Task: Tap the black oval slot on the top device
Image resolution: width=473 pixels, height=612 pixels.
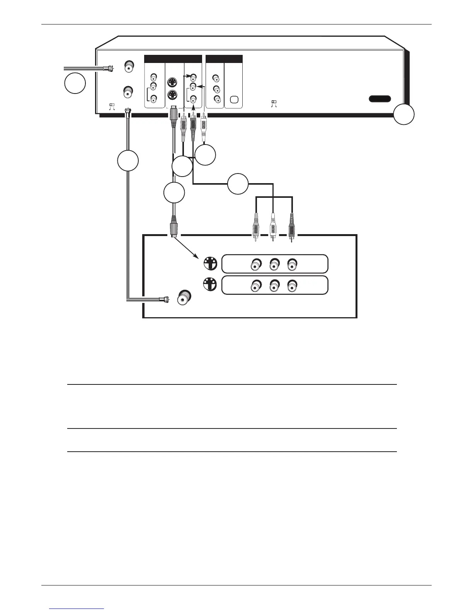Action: [x=379, y=99]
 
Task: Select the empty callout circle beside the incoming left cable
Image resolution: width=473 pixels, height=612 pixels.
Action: [x=75, y=83]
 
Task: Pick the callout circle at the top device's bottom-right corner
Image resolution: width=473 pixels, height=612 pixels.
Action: [x=404, y=115]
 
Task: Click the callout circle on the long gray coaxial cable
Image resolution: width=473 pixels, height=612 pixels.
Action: [x=128, y=161]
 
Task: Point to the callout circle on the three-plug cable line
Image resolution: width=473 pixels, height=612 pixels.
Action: [x=237, y=184]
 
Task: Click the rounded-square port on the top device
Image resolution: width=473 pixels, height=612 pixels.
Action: [x=233, y=99]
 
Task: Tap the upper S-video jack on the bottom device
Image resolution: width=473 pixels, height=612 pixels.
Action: [x=209, y=264]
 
